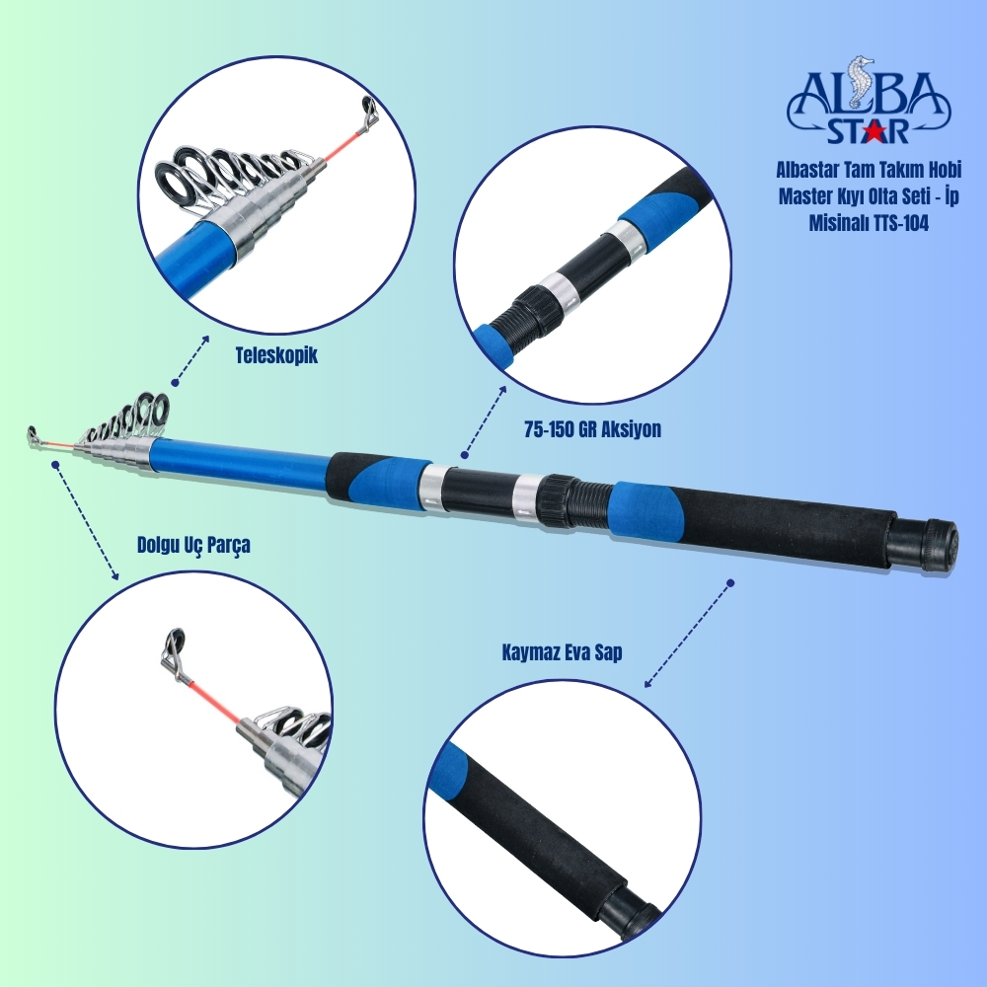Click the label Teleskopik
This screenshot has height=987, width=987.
[277, 355]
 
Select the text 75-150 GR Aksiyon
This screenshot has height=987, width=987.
[592, 429]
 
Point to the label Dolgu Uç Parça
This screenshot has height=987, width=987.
[193, 545]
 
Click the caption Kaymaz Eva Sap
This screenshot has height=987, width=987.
[563, 652]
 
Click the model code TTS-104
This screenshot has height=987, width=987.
[900, 223]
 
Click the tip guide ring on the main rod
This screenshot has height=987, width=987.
[33, 435]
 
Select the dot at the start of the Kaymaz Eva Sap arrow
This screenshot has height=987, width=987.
[730, 583]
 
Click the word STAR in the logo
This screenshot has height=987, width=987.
[868, 131]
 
